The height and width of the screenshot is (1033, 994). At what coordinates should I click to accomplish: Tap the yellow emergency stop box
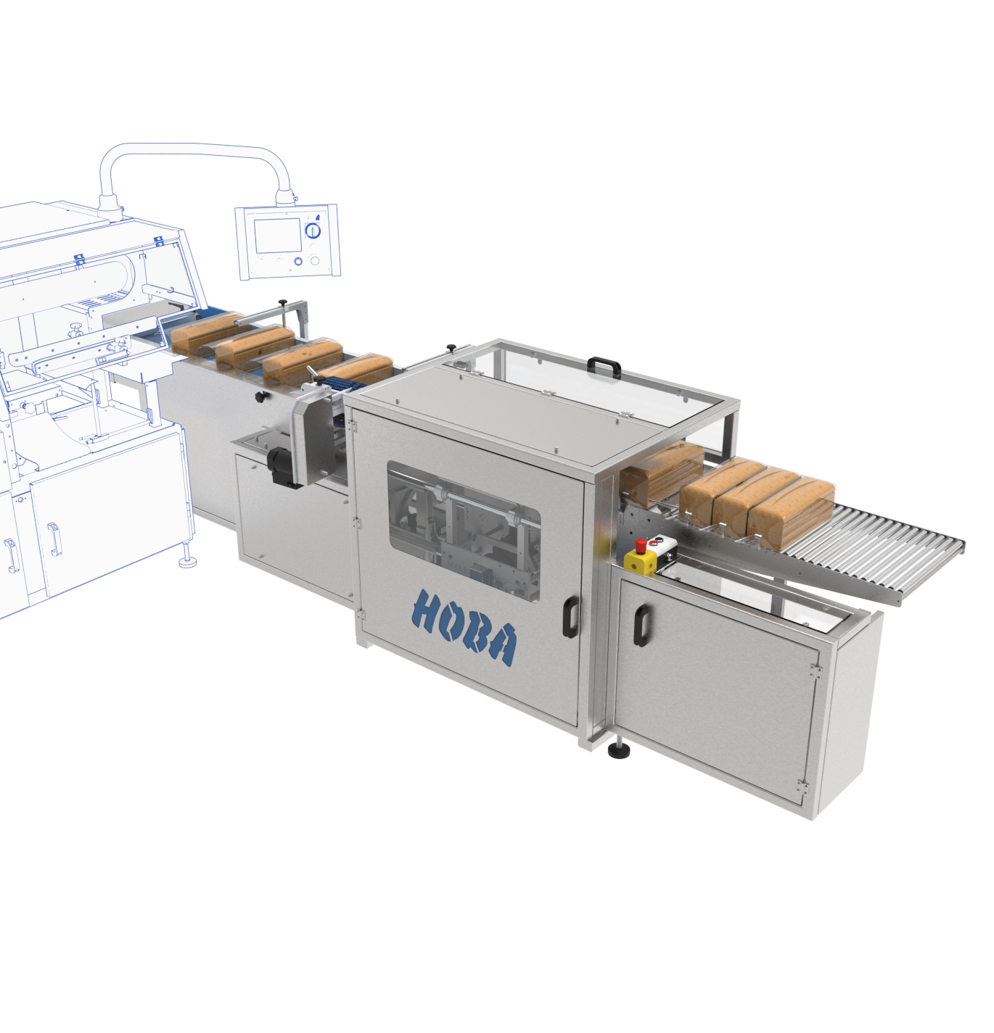tap(642, 557)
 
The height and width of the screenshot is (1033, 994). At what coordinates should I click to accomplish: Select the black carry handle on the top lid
tap(604, 367)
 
